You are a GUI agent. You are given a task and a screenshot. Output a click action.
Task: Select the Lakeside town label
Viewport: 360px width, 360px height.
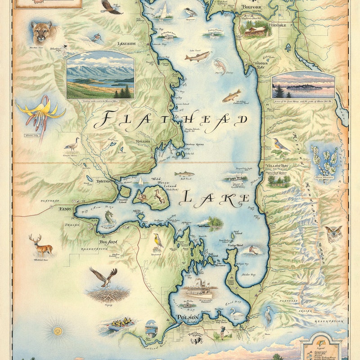click(x=126, y=44)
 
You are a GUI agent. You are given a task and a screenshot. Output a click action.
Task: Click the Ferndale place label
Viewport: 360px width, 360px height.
click(x=277, y=25)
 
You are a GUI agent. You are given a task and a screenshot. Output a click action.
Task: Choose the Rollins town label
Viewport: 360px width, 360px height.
click(x=143, y=141)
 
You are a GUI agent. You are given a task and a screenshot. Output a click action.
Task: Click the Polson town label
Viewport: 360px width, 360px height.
click(x=188, y=318)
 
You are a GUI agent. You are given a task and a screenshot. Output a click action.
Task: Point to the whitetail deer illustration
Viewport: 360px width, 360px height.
click(x=40, y=245)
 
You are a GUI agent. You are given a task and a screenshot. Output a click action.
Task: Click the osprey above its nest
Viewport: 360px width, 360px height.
click(x=103, y=276)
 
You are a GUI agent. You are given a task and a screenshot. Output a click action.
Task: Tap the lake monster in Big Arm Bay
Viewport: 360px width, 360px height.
click(x=108, y=218)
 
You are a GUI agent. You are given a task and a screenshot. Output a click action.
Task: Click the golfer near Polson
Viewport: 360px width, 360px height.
click(x=222, y=332)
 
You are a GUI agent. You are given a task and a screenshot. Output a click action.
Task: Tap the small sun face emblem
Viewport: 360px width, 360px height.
click(x=57, y=331)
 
